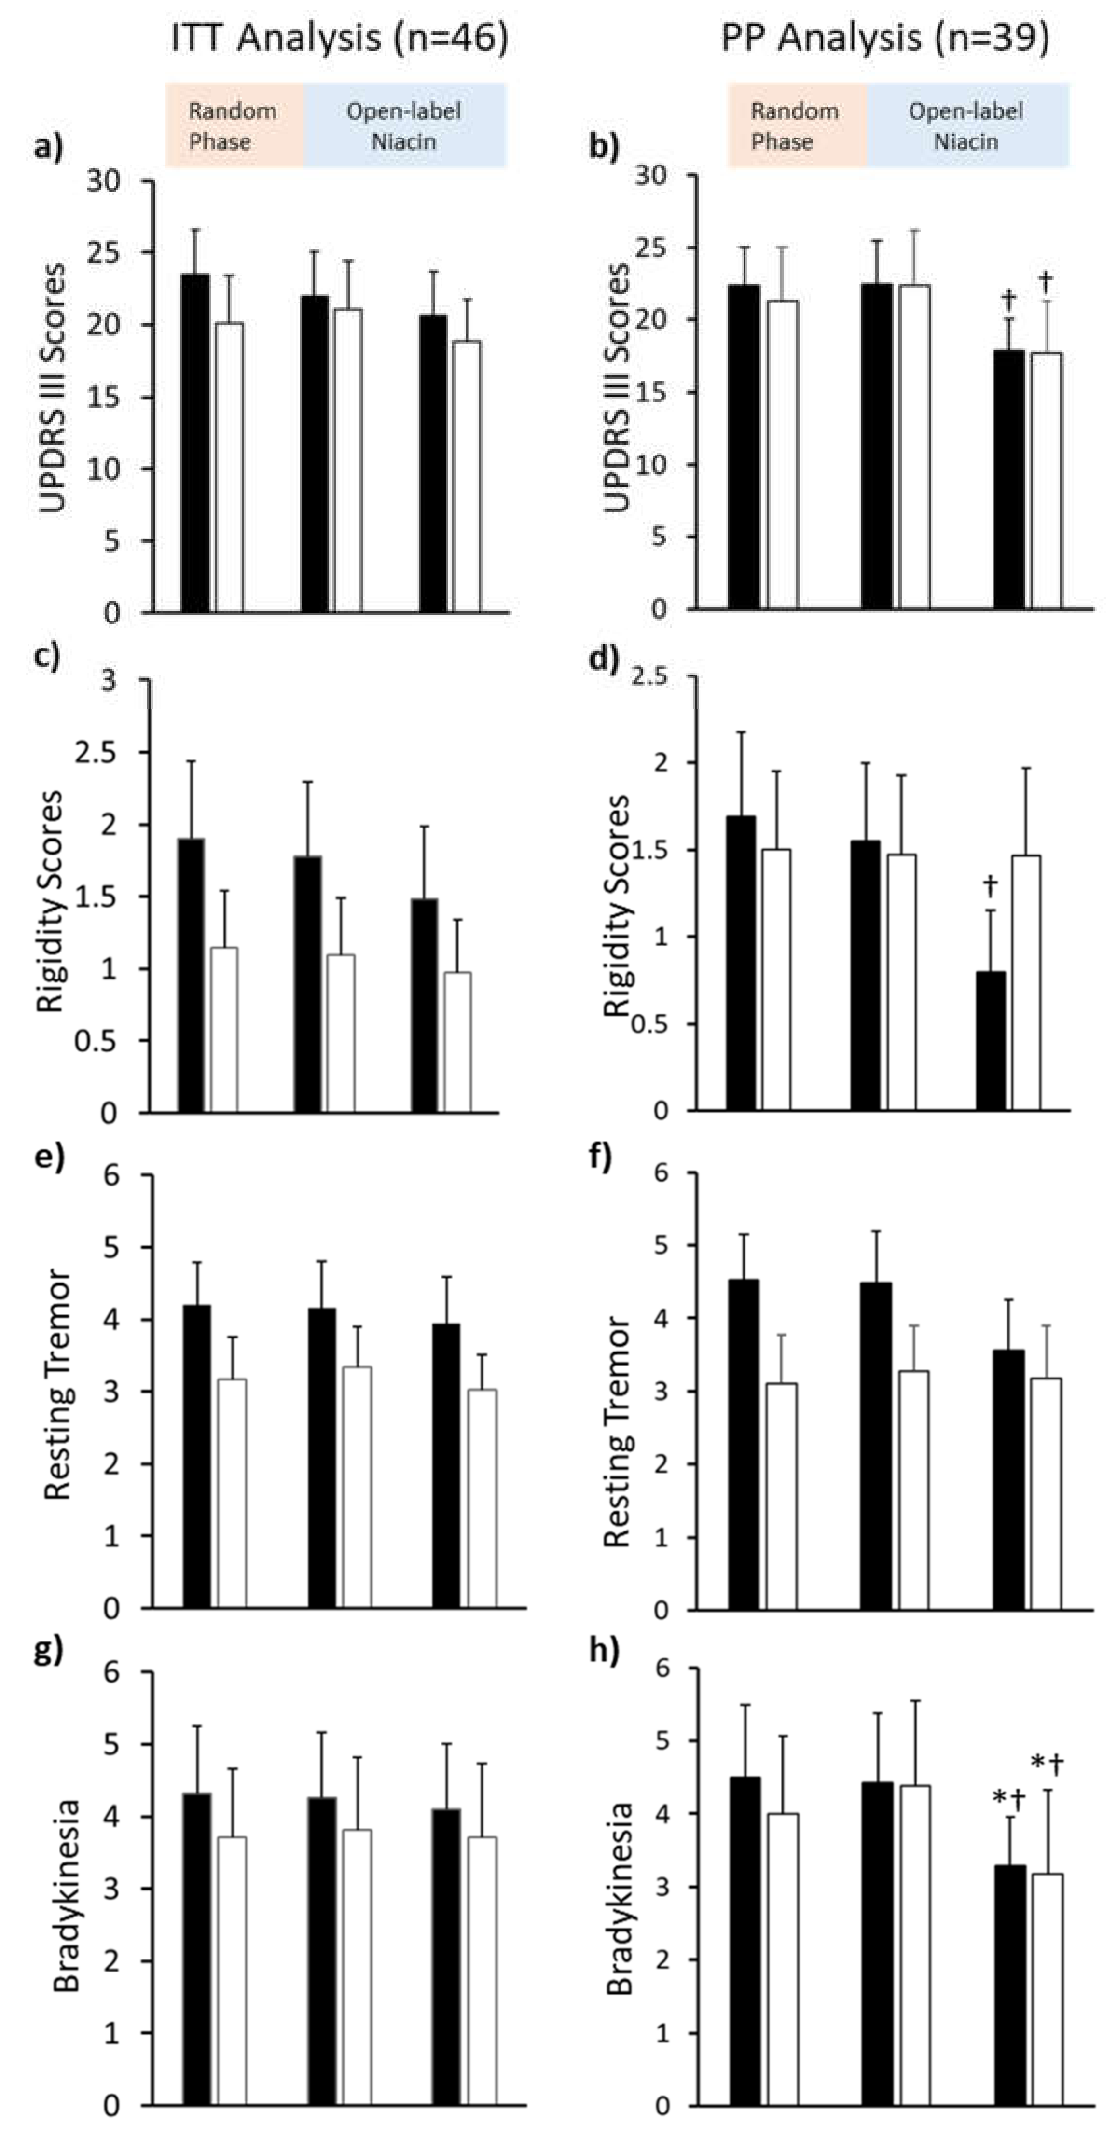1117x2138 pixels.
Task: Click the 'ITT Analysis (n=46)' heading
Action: click(339, 37)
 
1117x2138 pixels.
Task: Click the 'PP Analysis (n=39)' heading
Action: click(884, 37)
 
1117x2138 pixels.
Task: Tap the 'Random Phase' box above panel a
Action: click(233, 126)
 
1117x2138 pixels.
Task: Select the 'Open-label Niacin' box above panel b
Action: click(967, 126)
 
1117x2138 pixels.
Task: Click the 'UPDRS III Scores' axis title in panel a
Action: click(53, 388)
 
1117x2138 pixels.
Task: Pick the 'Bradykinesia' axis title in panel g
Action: click(67, 1896)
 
